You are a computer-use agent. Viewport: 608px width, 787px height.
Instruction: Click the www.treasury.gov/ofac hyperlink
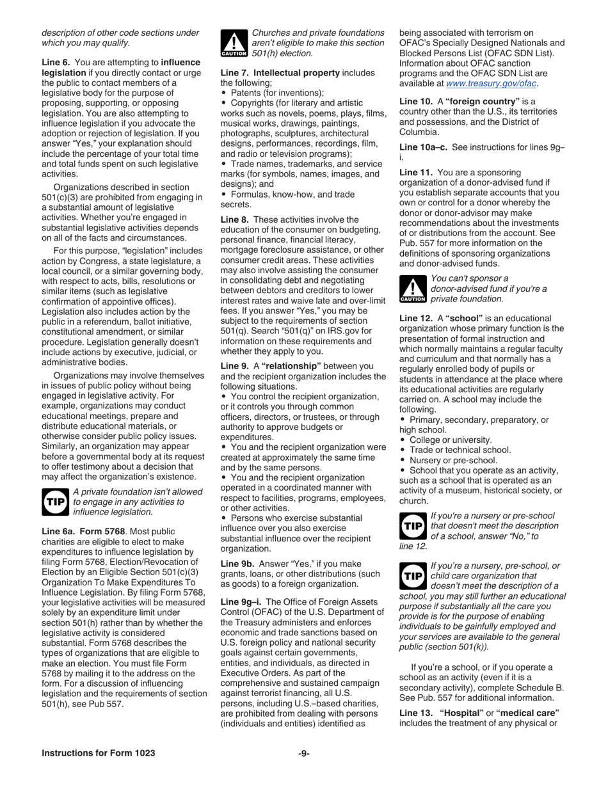[491, 84]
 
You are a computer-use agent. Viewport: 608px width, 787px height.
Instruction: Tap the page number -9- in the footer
[304, 753]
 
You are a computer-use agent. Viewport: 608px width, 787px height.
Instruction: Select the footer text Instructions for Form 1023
[99, 753]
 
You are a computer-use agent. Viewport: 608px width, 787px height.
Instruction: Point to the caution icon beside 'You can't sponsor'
[413, 289]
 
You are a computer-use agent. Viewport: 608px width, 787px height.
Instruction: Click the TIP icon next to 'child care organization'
[413, 576]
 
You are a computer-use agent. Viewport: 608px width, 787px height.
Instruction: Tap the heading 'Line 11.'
[416, 172]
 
